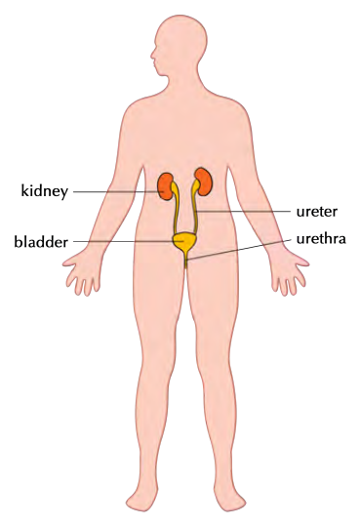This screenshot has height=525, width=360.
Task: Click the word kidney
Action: [45, 191]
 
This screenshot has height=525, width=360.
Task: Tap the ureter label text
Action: [317, 212]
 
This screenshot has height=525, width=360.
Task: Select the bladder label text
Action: [41, 241]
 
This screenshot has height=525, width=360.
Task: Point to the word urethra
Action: [321, 239]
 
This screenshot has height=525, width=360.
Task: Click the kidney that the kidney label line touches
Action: [165, 186]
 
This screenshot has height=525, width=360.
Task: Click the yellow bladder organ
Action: [183, 242]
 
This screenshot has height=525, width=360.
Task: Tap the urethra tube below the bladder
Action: [186, 262]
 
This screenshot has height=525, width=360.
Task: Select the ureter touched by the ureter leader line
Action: [194, 208]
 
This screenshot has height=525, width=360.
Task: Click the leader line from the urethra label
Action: [239, 250]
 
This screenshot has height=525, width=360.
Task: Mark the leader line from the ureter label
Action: [243, 212]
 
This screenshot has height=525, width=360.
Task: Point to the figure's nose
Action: [151, 56]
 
